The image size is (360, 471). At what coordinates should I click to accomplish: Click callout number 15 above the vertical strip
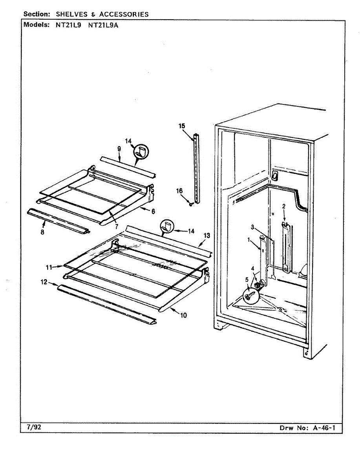181,126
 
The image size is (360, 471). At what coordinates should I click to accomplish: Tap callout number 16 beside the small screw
179,191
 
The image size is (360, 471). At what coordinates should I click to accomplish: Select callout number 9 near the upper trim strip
119,148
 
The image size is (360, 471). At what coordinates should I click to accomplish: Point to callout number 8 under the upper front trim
42,232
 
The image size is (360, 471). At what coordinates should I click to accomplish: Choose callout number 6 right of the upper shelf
153,211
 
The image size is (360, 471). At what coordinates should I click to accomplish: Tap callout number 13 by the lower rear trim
206,235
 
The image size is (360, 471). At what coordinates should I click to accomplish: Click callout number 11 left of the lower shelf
49,267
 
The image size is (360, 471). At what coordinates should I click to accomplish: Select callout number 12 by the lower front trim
44,281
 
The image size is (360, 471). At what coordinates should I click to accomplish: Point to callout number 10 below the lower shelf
184,315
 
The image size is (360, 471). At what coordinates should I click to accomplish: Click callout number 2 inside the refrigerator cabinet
283,206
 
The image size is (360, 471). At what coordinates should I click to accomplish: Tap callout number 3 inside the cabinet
253,227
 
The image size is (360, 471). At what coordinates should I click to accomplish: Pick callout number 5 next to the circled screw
247,279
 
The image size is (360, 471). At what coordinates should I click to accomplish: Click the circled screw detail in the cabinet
249,295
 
